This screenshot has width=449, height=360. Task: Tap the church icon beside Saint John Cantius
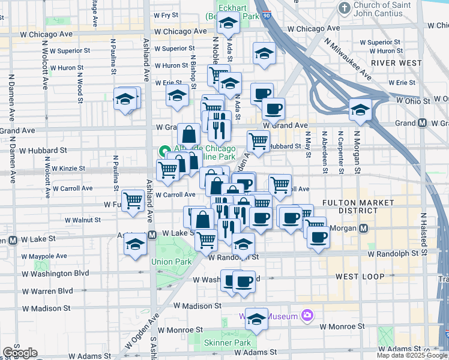(x=345, y=8)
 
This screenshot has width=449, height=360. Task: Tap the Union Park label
(x=171, y=262)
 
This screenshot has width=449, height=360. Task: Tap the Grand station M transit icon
(x=422, y=123)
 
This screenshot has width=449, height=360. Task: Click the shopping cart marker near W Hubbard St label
(x=258, y=142)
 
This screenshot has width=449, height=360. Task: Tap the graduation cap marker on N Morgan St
(x=360, y=110)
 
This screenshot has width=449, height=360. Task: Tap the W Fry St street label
(x=166, y=14)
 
